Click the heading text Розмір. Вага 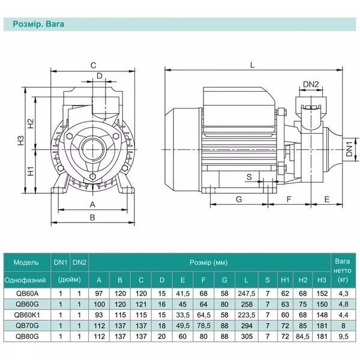point(38,24)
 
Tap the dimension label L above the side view point(253,65)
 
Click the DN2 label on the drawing point(311,84)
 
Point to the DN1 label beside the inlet point(349,149)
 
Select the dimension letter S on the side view point(249,177)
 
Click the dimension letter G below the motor point(239,199)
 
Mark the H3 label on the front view point(20,140)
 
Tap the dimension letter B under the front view point(92,217)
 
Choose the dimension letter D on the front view point(100,76)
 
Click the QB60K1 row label point(27,315)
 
